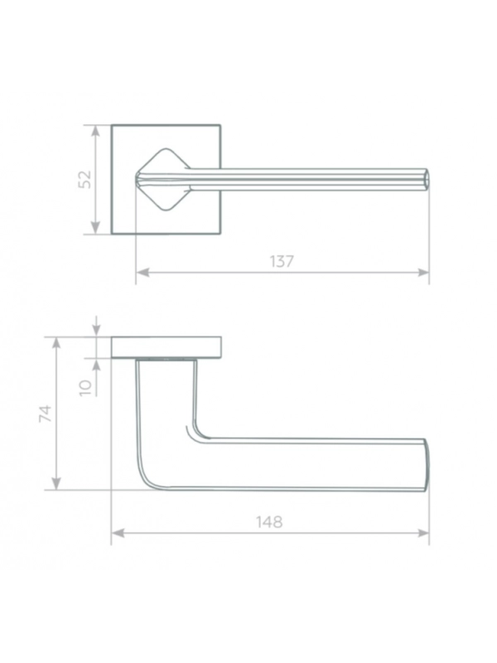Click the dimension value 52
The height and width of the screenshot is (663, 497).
coord(86,179)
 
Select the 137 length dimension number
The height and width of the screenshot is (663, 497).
coord(282,262)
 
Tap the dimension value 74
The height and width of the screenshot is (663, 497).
coord(46,413)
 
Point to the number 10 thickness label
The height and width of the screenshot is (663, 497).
coord(86,387)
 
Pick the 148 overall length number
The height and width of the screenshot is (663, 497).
coord(269,522)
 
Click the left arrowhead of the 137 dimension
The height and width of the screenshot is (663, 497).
coord(142,273)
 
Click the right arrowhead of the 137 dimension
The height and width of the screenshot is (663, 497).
coord(423,273)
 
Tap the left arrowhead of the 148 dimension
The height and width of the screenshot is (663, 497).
coord(118,533)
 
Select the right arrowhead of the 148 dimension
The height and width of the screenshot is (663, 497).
coord(423,533)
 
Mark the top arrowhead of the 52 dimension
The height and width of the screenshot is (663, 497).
coord(96,131)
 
